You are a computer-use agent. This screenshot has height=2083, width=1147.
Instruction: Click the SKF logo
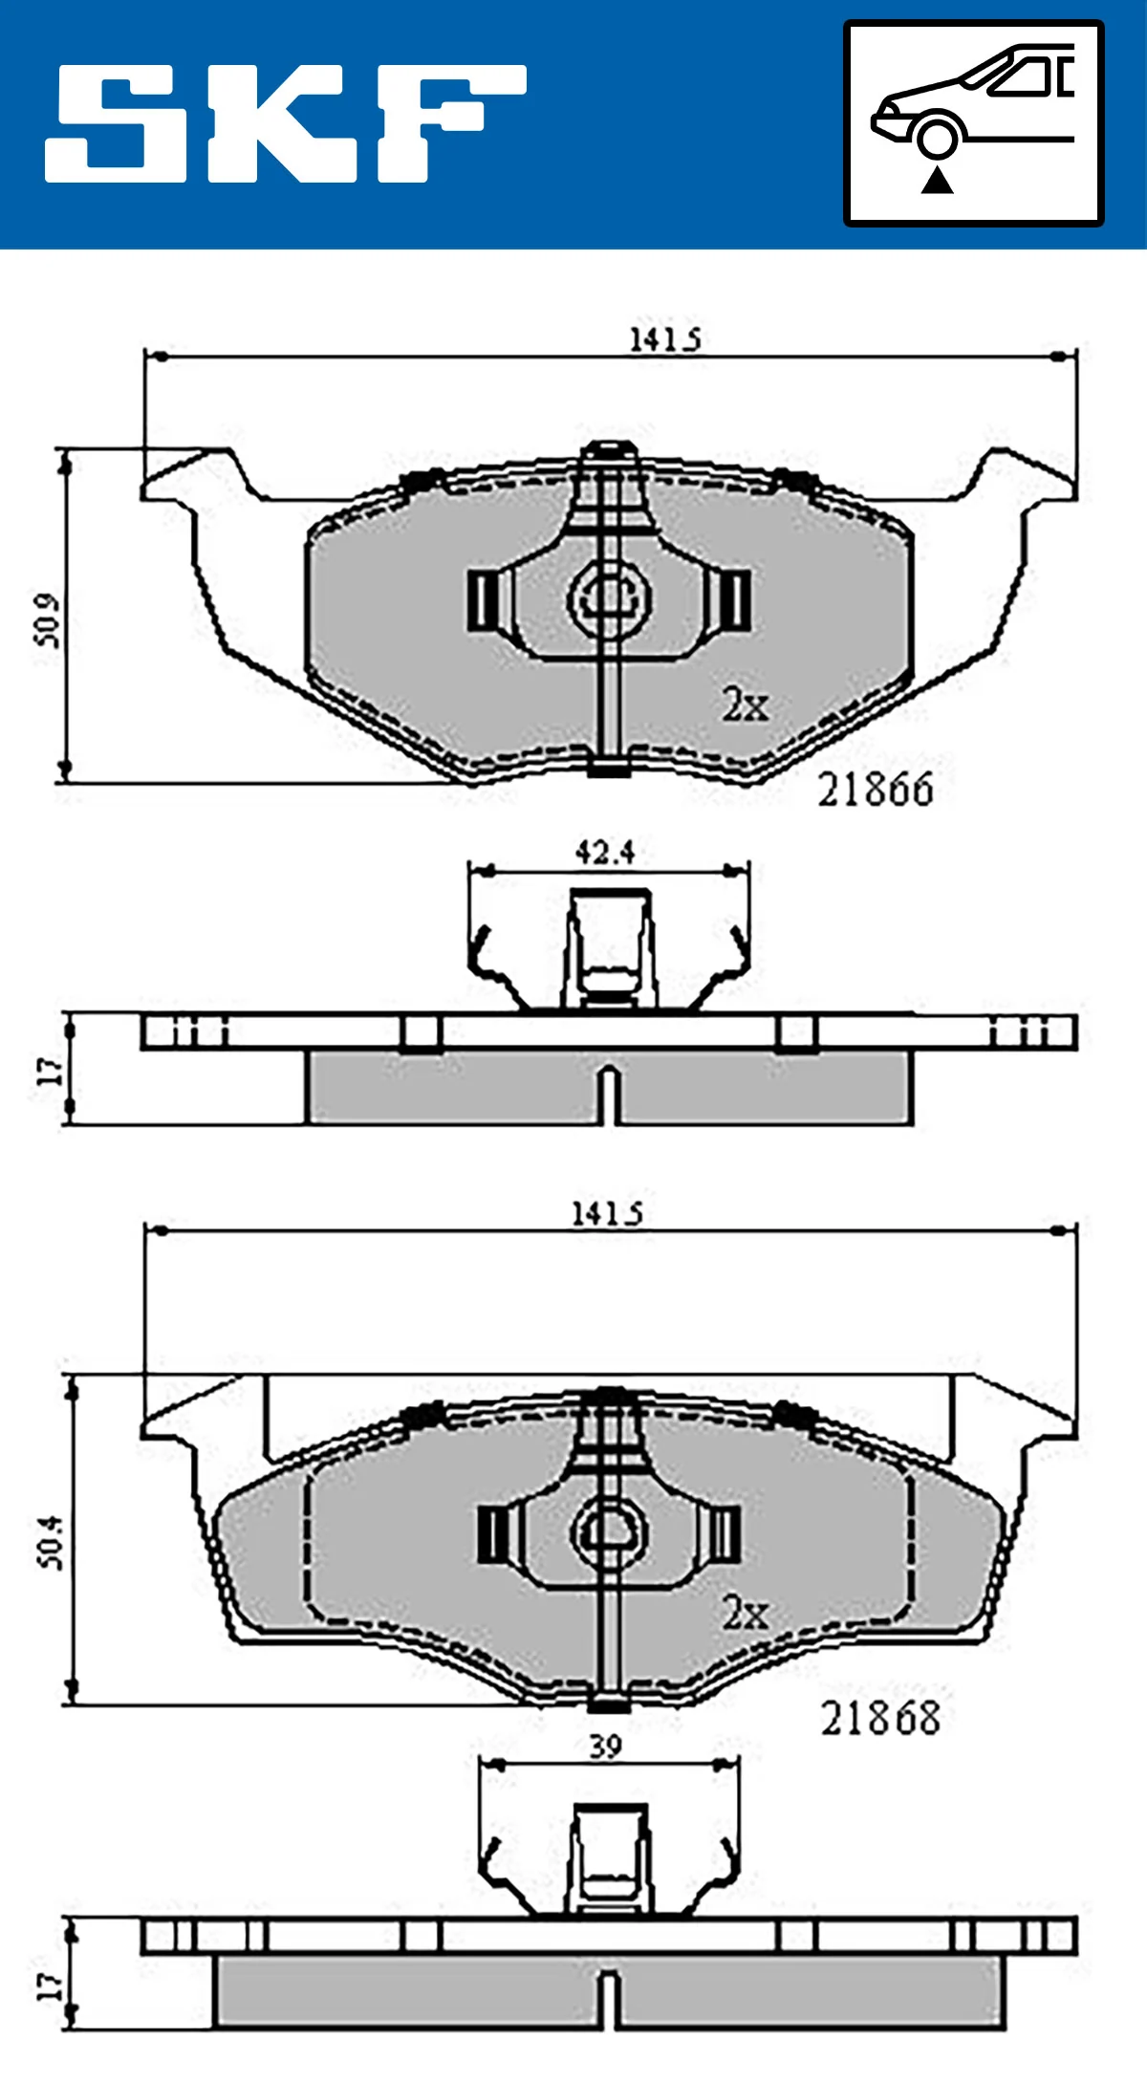pyautogui.click(x=285, y=124)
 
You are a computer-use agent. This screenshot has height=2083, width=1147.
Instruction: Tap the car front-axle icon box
pyautogui.click(x=973, y=123)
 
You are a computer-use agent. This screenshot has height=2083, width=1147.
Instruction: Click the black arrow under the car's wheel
pyautogui.click(x=938, y=180)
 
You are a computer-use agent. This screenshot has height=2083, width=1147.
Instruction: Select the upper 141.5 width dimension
pyautogui.click(x=663, y=339)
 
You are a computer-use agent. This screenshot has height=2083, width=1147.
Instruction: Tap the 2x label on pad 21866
pyautogui.click(x=745, y=705)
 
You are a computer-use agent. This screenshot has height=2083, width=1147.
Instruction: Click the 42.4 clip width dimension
pyautogui.click(x=604, y=852)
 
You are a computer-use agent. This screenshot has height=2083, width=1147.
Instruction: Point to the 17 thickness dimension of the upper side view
pyautogui.click(x=49, y=1070)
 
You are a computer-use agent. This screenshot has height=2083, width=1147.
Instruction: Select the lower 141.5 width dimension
pyautogui.click(x=606, y=1214)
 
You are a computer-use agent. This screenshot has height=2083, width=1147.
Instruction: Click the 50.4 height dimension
pyautogui.click(x=50, y=1541)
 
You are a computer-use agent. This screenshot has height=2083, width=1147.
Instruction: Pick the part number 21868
pyautogui.click(x=880, y=1719)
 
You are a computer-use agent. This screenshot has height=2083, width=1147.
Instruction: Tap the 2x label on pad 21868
pyautogui.click(x=745, y=1614)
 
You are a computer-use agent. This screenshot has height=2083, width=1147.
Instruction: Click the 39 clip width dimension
pyautogui.click(x=605, y=1747)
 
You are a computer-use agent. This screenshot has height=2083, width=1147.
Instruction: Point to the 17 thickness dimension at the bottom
pyautogui.click(x=49, y=1987)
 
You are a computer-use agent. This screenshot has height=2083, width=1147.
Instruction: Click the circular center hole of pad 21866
pyautogui.click(x=610, y=597)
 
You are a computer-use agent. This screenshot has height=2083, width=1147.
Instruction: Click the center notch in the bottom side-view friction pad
pyautogui.click(x=609, y=1998)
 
